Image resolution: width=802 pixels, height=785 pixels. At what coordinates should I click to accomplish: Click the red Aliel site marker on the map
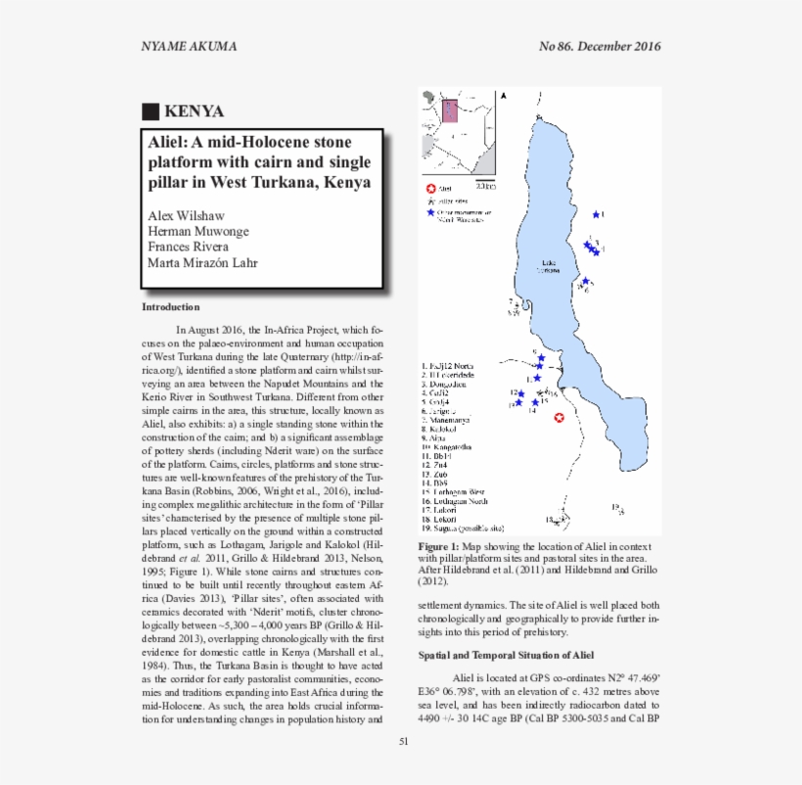pos(559,418)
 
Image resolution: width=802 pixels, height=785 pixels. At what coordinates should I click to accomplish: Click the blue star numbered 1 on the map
pos(597,213)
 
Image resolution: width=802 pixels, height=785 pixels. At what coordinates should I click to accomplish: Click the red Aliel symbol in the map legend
pos(430,187)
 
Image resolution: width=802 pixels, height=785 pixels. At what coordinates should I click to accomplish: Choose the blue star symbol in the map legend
pos(430,211)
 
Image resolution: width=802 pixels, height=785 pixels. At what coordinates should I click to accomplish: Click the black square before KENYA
pos(150,111)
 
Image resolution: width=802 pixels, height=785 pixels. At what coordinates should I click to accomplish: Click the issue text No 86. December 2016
pos(600,46)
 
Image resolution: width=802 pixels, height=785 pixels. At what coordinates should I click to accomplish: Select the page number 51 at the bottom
pos(403,741)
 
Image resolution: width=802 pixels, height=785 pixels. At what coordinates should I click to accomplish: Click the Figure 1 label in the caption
pos(439,546)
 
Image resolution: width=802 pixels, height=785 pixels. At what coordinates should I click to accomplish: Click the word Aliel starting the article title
pos(167,142)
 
